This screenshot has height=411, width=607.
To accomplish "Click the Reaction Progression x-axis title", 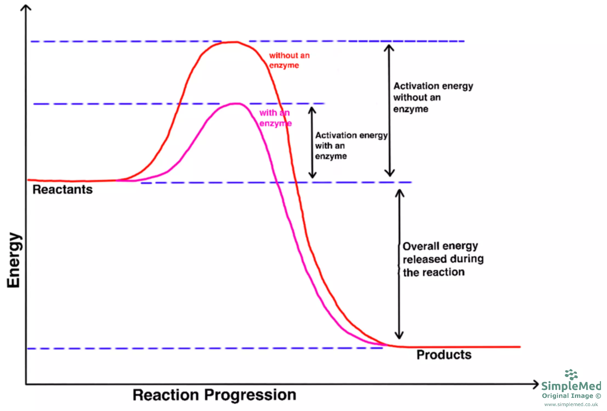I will (214, 395).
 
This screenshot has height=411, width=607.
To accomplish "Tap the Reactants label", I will (63, 190).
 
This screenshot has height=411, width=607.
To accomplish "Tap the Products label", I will (444, 355).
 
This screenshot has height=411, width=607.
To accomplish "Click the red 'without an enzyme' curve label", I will (289, 60).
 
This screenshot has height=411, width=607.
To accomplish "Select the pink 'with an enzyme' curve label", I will (275, 118).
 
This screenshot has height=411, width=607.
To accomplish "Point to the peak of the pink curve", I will (236, 104).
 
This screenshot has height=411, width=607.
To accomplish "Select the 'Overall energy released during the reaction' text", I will (443, 259).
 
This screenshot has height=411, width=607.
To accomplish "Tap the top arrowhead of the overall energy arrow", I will (399, 192).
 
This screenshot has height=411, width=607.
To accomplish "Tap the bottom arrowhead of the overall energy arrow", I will (399, 336).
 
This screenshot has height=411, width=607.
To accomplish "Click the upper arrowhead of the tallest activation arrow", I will (389, 47).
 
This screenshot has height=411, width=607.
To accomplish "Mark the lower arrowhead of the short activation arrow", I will (312, 176).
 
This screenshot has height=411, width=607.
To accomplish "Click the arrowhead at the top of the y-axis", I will (26, 7).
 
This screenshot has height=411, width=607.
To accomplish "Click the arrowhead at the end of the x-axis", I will (536, 384).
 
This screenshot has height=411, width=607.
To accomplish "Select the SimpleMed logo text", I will (571, 386).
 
